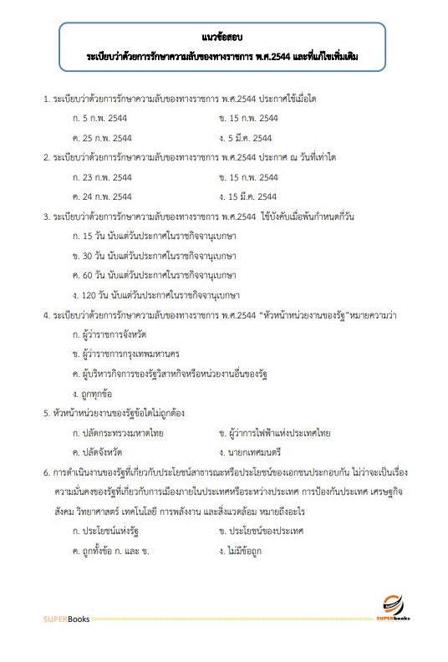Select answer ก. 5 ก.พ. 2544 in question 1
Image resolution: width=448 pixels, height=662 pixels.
point(102,119)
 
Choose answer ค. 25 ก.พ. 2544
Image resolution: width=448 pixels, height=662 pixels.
point(104,138)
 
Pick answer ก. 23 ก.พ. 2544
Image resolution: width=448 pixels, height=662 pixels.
point(104,177)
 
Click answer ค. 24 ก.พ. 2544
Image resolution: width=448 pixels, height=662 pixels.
point(104,196)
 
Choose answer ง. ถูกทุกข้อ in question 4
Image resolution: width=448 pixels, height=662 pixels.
point(97,393)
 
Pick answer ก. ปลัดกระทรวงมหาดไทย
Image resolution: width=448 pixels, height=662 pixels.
point(125,432)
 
